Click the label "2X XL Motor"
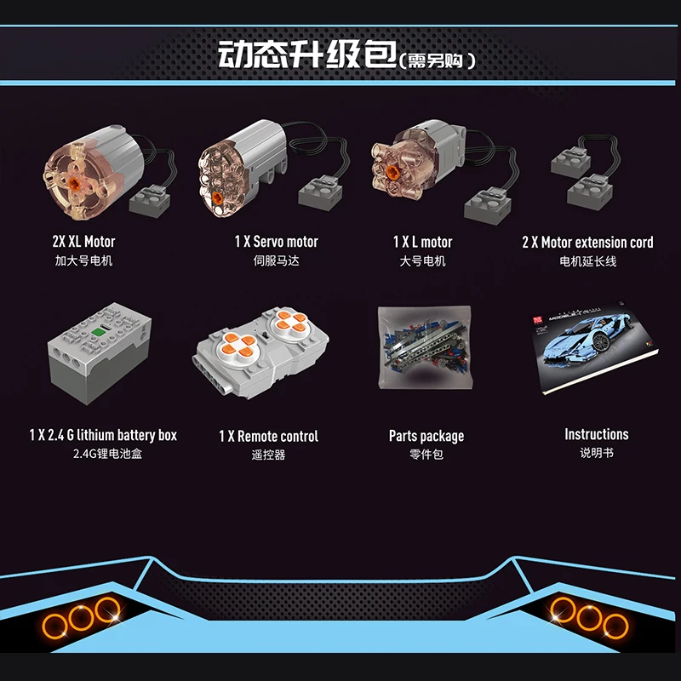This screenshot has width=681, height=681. pos(83,243)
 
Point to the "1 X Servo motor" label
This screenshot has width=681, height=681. pos(277,243)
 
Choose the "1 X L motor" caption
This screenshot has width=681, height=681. pos(422,243)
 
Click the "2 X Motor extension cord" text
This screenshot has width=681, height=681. pos(587,243)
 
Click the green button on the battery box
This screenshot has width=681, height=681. pos(99,331)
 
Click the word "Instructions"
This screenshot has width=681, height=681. pos(596,435)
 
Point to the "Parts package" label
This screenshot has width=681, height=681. pos(426,436)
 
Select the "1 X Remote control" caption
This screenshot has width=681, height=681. pos(268,436)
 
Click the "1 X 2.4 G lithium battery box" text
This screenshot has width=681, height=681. pos(103,435)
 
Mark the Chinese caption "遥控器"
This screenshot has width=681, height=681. pos(268,455)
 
